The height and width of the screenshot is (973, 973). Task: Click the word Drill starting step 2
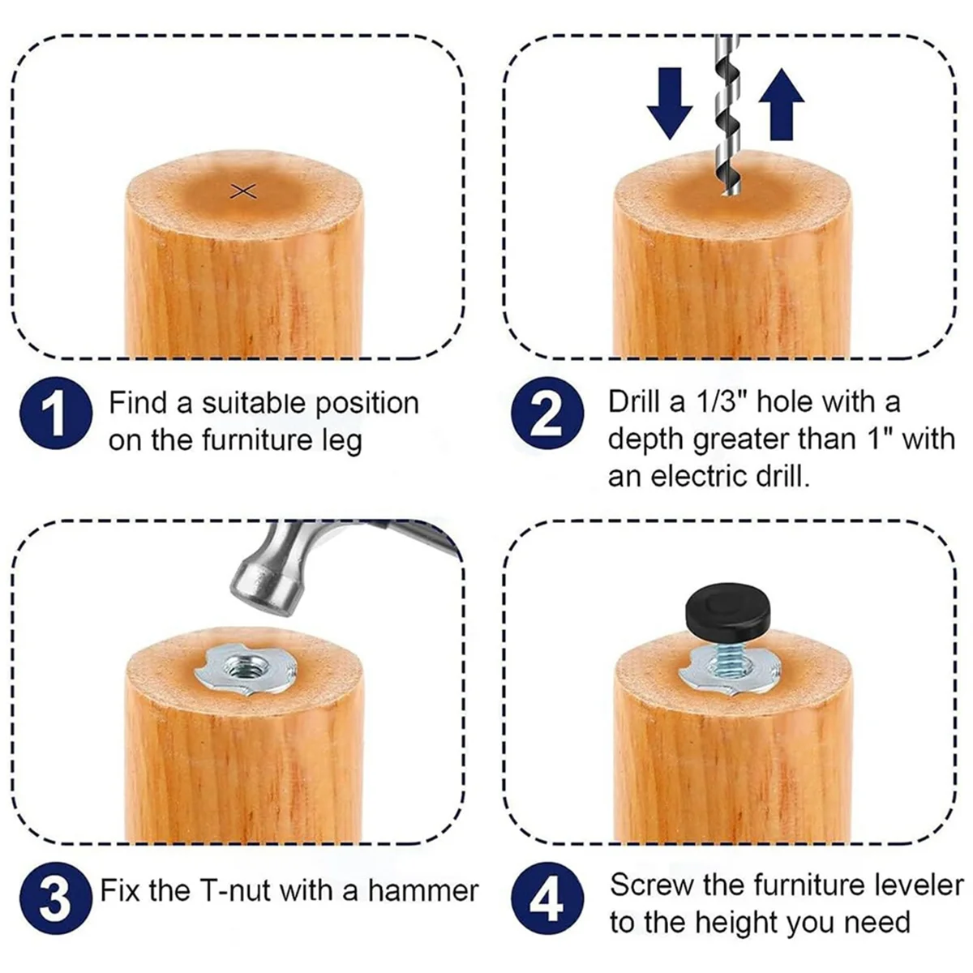coord(633,402)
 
